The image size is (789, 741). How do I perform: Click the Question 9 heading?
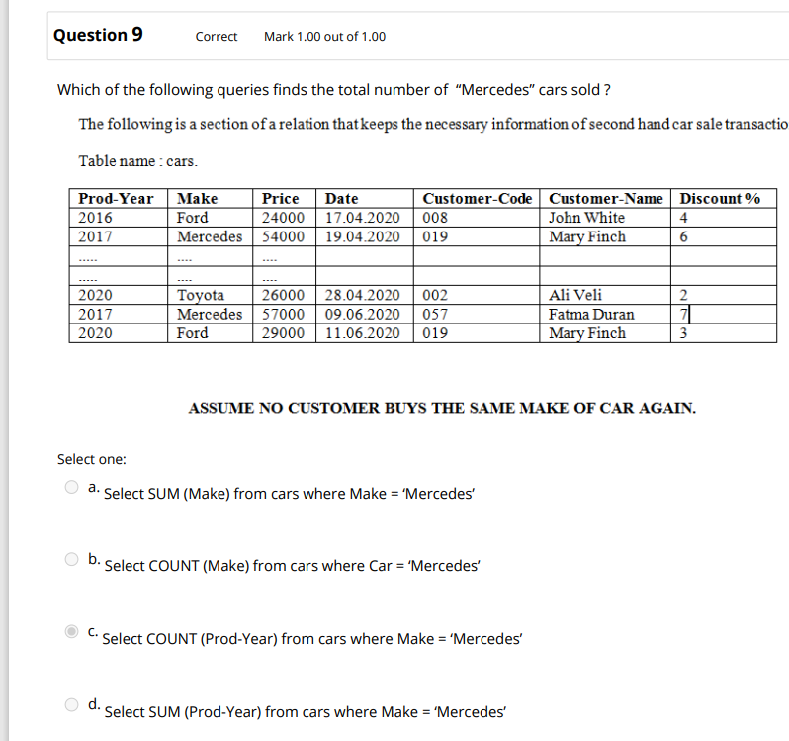click(98, 35)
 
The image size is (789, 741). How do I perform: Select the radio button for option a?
click(71, 487)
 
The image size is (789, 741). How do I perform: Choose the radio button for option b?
click(71, 560)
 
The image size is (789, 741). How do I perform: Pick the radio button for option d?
click(71, 705)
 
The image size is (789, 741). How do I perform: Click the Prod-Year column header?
click(116, 198)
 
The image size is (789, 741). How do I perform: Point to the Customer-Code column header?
click(478, 198)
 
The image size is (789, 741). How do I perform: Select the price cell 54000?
click(283, 236)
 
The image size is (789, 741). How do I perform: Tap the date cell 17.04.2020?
click(363, 218)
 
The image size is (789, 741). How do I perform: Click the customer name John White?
click(587, 218)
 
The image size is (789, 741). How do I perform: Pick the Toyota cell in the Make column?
click(201, 295)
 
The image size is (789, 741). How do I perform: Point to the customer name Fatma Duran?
click(592, 315)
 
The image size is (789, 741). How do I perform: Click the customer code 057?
click(435, 315)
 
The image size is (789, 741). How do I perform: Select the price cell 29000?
click(283, 333)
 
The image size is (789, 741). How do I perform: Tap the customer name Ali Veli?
click(575, 295)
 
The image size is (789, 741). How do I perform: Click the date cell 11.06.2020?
click(363, 333)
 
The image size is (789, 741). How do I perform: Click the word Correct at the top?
click(217, 37)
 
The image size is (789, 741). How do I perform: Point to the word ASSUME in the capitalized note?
click(219, 407)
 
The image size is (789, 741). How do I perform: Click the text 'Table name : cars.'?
click(137, 160)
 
